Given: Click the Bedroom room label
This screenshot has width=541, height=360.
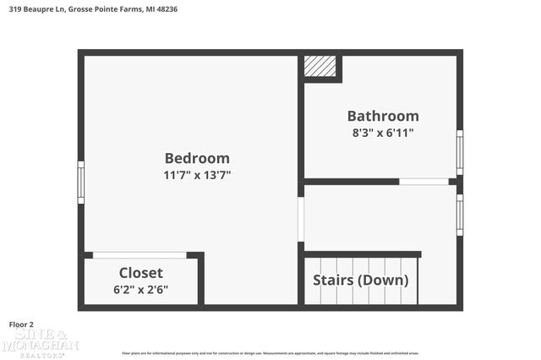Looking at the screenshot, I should (x=197, y=158).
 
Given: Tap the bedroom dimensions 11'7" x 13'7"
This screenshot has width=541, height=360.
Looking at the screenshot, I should (x=197, y=175).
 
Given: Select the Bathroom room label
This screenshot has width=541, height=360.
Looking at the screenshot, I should (x=383, y=116).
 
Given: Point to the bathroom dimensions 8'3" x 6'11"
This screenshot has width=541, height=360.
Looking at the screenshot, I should (x=383, y=133).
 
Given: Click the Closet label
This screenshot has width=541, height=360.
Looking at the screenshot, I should (x=141, y=273).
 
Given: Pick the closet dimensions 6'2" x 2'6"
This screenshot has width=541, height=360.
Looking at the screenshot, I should (x=141, y=289).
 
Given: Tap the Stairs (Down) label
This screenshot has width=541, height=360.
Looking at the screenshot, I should (x=361, y=280).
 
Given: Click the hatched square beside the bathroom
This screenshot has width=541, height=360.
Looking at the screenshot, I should (x=320, y=67).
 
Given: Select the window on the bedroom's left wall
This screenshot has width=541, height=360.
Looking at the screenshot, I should (x=81, y=182).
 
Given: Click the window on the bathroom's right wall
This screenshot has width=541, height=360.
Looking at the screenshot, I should (x=459, y=152).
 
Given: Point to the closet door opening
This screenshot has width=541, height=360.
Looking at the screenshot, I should (x=139, y=254).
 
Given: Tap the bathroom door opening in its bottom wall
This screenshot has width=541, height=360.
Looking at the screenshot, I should (x=424, y=181).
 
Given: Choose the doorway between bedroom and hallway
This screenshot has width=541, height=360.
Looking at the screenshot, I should (x=301, y=219).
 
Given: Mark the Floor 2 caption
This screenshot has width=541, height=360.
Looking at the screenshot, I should (x=21, y=324).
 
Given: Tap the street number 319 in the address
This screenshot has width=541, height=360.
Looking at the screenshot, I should (x=14, y=8).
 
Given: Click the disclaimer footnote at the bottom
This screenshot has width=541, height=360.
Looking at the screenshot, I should (x=270, y=353).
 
